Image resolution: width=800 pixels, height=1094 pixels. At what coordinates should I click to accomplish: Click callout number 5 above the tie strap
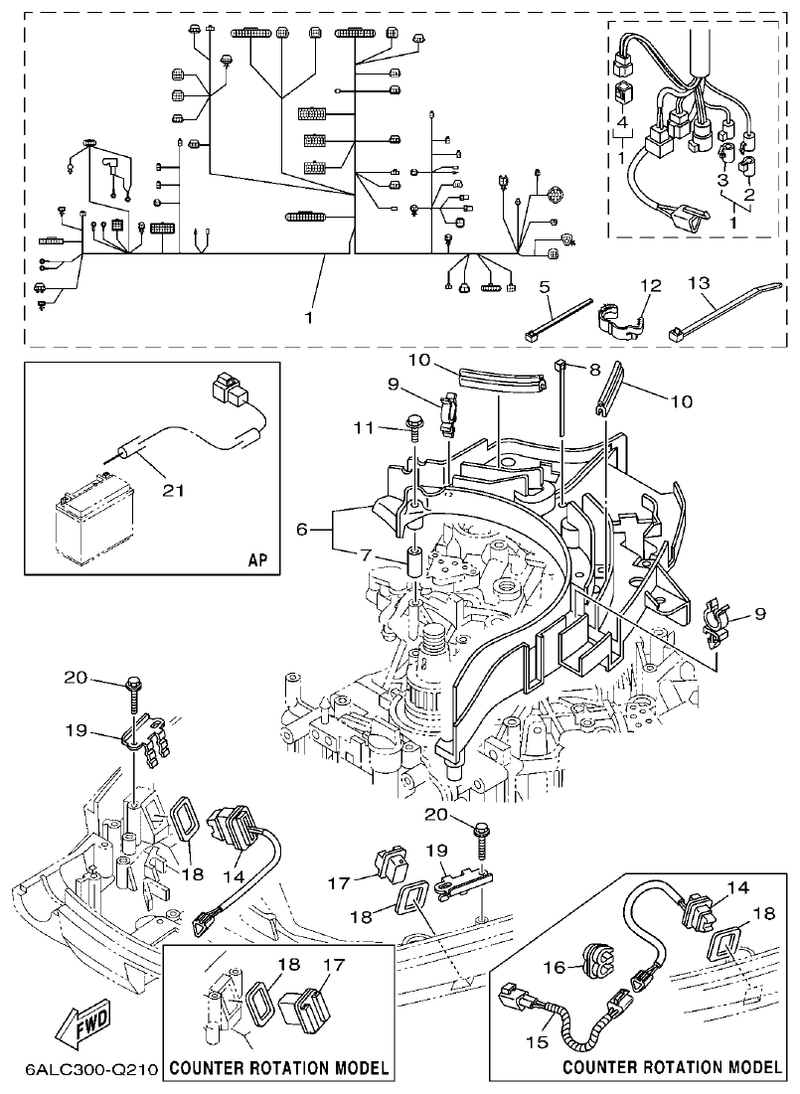click(x=544, y=286)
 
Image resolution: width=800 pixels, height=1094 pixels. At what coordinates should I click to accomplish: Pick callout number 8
click(x=595, y=368)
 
